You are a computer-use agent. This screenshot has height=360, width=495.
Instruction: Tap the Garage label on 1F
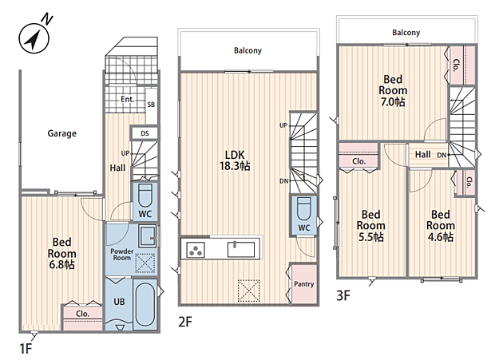pyautogui.click(x=62, y=133)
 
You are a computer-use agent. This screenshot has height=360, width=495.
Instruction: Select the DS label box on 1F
pyautogui.click(x=145, y=133)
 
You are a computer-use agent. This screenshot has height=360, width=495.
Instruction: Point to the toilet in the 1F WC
pyautogui.click(x=145, y=196)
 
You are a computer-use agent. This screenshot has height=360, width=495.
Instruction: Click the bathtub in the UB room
pyautogui.click(x=145, y=304)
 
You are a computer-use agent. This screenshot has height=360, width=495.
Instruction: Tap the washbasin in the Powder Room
pyautogui.click(x=148, y=236)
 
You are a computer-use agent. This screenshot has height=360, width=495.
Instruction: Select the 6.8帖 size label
pyautogui.click(x=62, y=264)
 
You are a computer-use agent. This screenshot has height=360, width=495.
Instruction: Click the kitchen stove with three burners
pyautogui.click(x=196, y=250)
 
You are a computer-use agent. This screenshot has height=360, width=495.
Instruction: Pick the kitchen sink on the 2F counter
pyautogui.click(x=241, y=249)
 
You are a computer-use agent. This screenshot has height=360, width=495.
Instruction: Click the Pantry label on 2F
pyautogui.click(x=303, y=284)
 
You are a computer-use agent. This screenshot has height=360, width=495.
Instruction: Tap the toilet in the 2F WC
pyautogui.click(x=304, y=209)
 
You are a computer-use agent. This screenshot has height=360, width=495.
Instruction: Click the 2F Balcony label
pyautogui.click(x=247, y=50)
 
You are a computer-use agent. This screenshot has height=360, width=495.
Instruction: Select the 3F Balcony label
pyautogui.click(x=406, y=33)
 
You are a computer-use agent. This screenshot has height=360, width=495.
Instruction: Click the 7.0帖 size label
pyautogui.click(x=393, y=102)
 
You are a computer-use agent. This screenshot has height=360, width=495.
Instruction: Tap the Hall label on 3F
pyautogui.click(x=422, y=154)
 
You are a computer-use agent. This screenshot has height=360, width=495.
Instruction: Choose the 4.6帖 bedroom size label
pyautogui.click(x=441, y=236)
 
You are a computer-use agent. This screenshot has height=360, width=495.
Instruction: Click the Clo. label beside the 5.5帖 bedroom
pyautogui.click(x=359, y=161)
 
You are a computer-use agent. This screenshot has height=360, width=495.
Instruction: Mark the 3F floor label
pyautogui.click(x=343, y=295)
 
